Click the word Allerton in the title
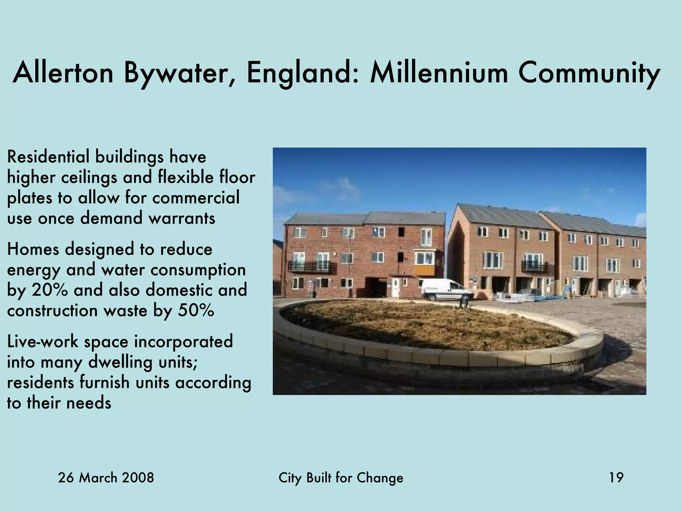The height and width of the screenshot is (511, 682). pyautogui.click(x=63, y=73)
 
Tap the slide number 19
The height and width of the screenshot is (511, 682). pyautogui.click(x=616, y=478)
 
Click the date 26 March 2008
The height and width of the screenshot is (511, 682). pyautogui.click(x=106, y=478)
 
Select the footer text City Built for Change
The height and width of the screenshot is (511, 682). pyautogui.click(x=341, y=478)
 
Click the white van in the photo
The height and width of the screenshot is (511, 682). pyautogui.click(x=447, y=289)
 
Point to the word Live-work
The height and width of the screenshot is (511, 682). pyautogui.click(x=42, y=342)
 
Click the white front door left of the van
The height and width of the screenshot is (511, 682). pyautogui.click(x=395, y=287)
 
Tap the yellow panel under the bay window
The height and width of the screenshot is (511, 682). pyautogui.click(x=424, y=269)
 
